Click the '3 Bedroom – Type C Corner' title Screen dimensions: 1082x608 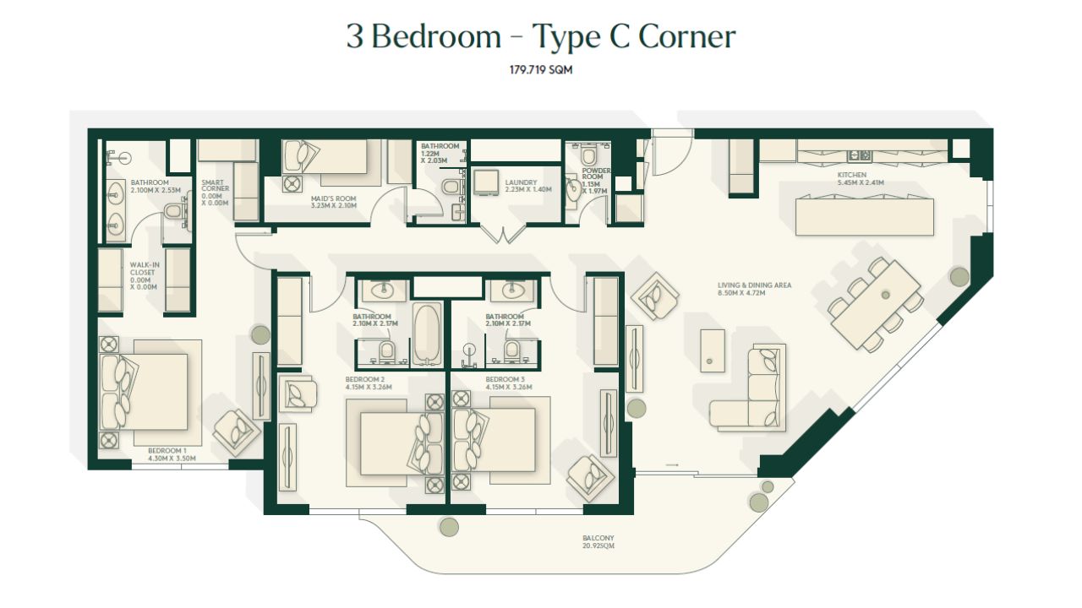coord(540,36)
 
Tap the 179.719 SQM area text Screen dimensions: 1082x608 coord(541,70)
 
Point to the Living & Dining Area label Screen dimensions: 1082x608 coord(754,289)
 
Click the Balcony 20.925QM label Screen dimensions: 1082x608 coord(598,541)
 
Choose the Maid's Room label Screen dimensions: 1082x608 coord(334,202)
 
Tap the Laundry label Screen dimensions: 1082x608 coord(528,186)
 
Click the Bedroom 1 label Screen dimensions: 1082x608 coord(172,454)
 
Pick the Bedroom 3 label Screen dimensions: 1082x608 coord(509,383)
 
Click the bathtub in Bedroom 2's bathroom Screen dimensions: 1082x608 coord(427,333)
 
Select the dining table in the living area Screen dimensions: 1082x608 coord(875,304)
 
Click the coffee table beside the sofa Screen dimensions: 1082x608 coord(712,350)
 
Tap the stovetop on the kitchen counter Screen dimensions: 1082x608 coord(860,155)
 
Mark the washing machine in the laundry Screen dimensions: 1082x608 coord(485,182)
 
